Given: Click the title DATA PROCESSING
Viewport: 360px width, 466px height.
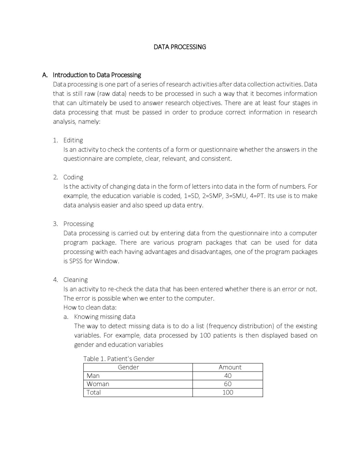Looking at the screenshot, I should point(180,47).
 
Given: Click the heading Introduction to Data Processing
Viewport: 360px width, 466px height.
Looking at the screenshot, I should point(97,75).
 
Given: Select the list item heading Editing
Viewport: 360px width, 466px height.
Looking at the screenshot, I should point(73,140).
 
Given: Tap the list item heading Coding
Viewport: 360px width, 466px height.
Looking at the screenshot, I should point(73,177).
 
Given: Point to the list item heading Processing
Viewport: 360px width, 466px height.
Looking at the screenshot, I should point(78,224).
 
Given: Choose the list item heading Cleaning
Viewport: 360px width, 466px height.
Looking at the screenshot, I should point(75,280).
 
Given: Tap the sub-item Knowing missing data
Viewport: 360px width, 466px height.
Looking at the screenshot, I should point(105,317).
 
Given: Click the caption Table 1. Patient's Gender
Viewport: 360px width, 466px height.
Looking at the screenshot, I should point(119,359).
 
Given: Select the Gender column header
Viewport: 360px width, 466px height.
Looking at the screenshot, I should point(128,367).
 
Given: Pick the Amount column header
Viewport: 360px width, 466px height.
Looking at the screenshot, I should point(230,367).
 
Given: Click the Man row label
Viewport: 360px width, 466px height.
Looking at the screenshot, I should point(93,376).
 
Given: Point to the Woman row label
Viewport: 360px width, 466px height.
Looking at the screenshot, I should point(98,384).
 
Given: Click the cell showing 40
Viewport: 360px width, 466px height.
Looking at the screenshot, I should point(228,376).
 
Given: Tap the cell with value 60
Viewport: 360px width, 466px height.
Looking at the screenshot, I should point(228,384).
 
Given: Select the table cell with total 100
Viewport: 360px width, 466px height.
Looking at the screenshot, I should point(228,392).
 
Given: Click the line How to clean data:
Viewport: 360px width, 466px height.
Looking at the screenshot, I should point(90,307).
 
